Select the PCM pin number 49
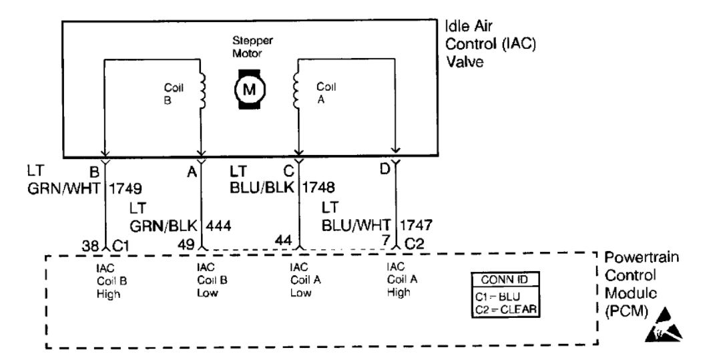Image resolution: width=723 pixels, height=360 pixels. (x=186, y=244)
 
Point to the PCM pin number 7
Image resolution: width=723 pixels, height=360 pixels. (x=385, y=238)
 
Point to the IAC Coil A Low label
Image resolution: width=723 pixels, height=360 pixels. (x=302, y=279)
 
